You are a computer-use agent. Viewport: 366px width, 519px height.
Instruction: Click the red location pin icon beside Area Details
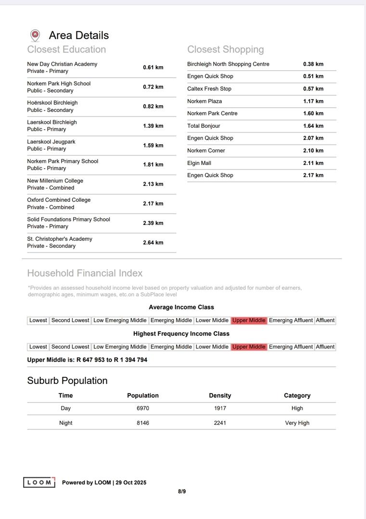coord(35,35)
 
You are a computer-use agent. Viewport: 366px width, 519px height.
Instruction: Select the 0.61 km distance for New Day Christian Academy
coord(153,67)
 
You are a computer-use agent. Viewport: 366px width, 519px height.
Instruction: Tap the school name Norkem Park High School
coord(59,84)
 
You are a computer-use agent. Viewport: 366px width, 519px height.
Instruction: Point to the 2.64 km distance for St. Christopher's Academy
coord(153,243)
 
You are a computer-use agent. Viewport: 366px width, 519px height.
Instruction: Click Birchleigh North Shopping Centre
coord(228,64)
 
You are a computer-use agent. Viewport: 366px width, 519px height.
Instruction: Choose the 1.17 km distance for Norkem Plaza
coord(313,101)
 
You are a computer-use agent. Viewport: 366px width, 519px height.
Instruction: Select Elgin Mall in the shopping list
coord(199,163)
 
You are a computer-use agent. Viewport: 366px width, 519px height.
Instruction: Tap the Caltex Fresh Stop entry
coord(209,89)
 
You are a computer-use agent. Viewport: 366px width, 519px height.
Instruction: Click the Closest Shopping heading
coord(226,49)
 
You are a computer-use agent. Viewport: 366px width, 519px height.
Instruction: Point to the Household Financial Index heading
coord(85,273)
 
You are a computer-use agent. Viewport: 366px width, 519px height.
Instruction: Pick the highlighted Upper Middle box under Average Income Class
coord(249,321)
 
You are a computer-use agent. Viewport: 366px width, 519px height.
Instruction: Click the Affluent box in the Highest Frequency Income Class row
coord(325,347)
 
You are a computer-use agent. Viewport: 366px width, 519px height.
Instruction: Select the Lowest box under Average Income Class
coord(38,321)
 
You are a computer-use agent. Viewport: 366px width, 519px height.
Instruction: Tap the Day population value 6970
coord(143,408)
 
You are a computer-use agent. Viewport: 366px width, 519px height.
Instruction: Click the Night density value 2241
coord(220,423)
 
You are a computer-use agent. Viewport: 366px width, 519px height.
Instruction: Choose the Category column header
coord(297,395)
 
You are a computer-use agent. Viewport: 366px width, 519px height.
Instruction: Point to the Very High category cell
coord(297,423)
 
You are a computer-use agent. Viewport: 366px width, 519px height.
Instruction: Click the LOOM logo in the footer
coord(39,482)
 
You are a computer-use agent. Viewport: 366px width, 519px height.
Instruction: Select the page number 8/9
coord(182,491)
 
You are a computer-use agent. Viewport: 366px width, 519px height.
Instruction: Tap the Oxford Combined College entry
coord(59,200)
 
